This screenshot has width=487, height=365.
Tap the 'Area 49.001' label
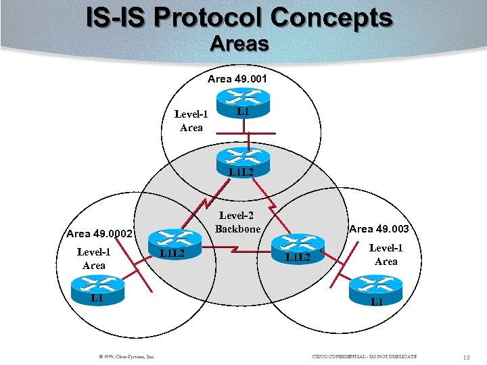[237, 79]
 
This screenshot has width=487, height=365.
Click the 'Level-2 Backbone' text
[237, 222]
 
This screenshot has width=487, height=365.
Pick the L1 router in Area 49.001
[243, 103]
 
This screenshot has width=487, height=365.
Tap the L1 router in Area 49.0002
[98, 290]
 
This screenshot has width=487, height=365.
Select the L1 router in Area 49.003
[376, 293]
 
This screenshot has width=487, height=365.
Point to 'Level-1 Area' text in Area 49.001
[191, 120]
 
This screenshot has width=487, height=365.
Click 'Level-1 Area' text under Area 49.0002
[93, 259]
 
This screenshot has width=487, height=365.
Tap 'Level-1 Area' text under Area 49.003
[386, 255]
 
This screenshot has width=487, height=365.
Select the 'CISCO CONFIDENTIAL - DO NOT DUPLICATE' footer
[365, 356]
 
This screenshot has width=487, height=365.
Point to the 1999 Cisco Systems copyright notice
[126, 356]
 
